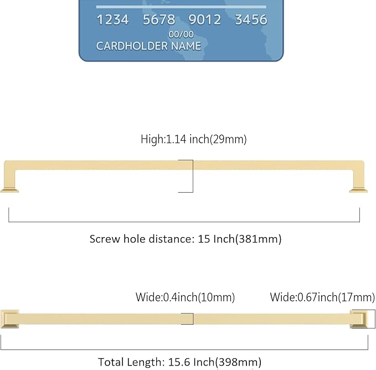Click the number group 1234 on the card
tap(112, 20)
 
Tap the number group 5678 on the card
tap(159, 20)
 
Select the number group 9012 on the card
tap(205, 20)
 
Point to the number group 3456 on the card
tap(251, 20)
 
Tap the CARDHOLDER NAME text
tap(148, 46)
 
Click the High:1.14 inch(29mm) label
tap(193, 140)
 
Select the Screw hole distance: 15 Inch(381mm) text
tap(186, 239)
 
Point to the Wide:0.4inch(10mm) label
tap(186, 297)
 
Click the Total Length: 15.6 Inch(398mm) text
tap(179, 362)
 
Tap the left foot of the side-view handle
tap(11, 190)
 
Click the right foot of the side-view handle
tap(358, 190)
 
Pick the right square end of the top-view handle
tap(358, 319)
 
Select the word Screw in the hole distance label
tap(105, 239)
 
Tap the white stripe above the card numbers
tap(181, 7)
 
